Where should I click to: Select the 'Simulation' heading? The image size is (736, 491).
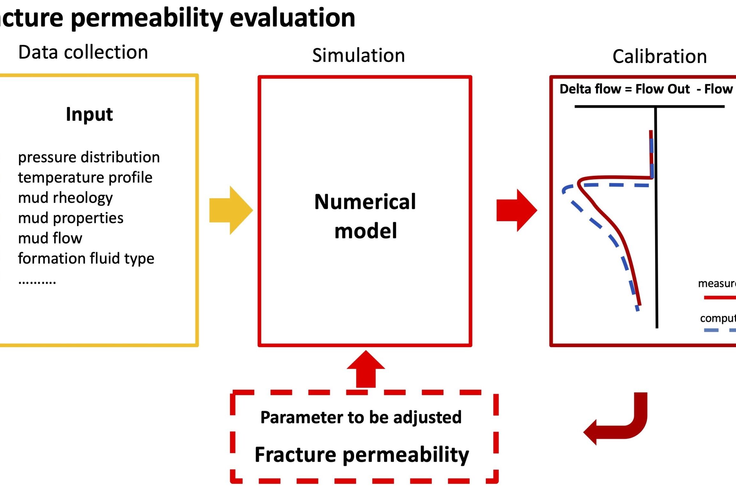(x=358, y=55)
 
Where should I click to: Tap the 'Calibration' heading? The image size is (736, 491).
(x=659, y=57)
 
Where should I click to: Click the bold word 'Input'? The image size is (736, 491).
(x=89, y=114)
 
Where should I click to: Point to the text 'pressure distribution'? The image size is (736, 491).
(x=89, y=157)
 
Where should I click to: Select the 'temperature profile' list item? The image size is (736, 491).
(x=85, y=178)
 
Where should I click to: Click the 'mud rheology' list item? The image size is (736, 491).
(x=65, y=198)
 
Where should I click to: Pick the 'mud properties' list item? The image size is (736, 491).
(x=71, y=218)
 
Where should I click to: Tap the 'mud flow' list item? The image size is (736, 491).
(x=50, y=238)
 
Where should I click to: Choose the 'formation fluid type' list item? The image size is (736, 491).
(x=86, y=258)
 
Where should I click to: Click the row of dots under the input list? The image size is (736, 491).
(x=37, y=282)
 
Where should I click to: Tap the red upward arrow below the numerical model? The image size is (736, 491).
(x=366, y=370)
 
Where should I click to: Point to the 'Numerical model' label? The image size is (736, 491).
(x=365, y=216)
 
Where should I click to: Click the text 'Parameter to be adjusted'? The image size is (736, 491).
(x=361, y=417)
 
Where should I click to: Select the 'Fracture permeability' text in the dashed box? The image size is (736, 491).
(x=362, y=455)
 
